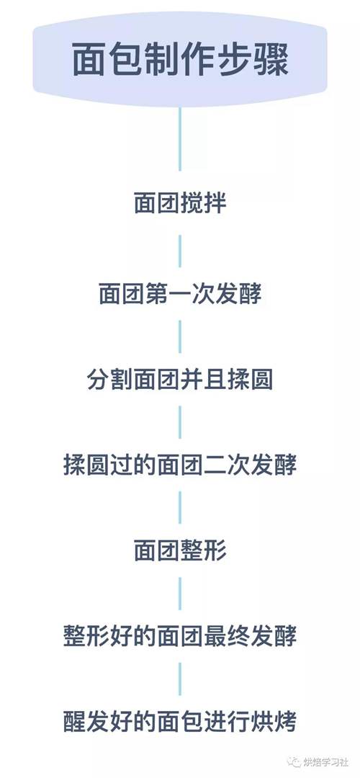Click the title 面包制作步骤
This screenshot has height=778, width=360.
pos(180,60)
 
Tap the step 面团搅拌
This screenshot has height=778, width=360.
pos(180,204)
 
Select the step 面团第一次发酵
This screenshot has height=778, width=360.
pos(180,295)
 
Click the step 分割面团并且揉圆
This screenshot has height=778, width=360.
pos(180,380)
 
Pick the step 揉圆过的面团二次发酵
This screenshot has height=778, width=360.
pos(180,466)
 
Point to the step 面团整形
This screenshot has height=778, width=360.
pos(180,551)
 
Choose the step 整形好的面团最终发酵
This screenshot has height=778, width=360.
pos(180,637)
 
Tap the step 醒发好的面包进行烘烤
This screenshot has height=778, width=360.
pos(180,722)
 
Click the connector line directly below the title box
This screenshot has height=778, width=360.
pos(180,139)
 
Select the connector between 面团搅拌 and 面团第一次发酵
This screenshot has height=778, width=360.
pos(180,251)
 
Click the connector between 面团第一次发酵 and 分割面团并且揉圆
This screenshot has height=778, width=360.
pos(180,337)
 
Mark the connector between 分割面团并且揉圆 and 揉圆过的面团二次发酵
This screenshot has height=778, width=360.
pos(180,422)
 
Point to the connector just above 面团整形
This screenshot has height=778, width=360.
pos(180,508)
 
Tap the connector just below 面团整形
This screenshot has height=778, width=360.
pos(180,594)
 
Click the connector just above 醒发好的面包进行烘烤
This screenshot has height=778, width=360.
pos(180,679)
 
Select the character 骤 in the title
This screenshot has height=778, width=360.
pos(271,60)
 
